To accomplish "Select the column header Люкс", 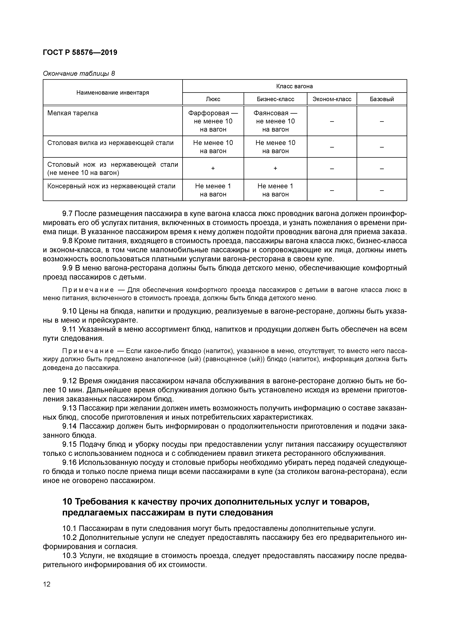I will pos(213,99).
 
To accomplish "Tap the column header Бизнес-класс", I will pos(275,99).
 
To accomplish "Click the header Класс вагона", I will pos(294,86).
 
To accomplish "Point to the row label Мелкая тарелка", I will pos(73,113).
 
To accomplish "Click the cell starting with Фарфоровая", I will pos(213,121).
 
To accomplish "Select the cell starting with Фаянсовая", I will pos(275,121).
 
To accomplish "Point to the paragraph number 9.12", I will pos(69,381).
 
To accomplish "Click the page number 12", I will pos(47,585).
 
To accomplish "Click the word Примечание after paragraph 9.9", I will pos(88,290).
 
